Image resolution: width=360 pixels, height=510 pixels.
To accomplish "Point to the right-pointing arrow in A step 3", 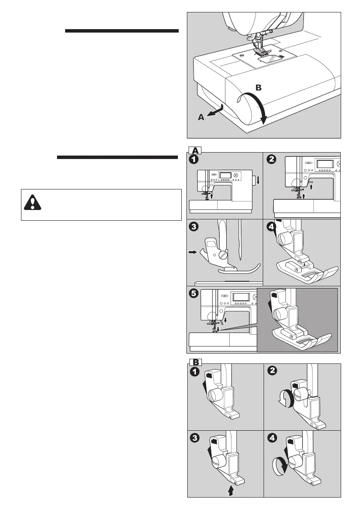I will tap(192, 253).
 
